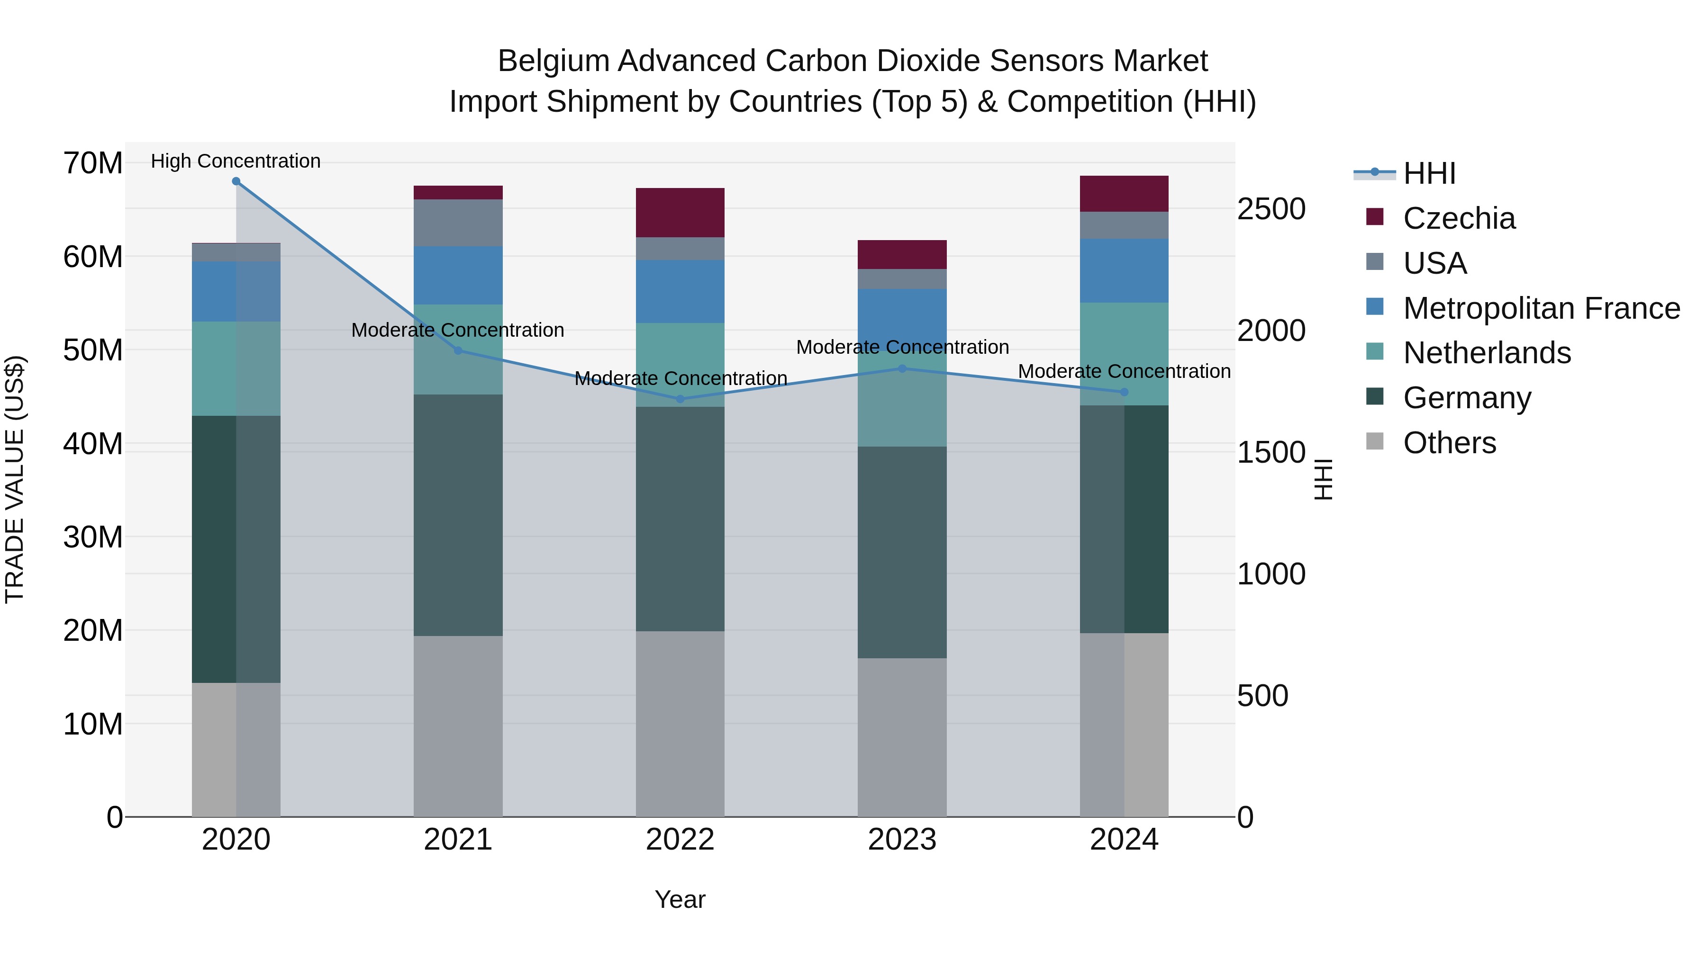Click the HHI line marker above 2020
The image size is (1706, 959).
(236, 181)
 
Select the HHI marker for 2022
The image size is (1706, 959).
(680, 399)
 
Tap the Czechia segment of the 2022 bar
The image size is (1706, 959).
(680, 213)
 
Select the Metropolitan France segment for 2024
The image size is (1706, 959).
(1124, 271)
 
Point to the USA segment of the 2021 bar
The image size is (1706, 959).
(458, 223)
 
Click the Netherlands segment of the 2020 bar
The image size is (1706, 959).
(236, 368)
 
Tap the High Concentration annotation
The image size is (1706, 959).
(236, 161)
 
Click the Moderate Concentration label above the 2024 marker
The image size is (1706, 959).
(1124, 371)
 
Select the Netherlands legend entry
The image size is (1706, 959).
(1486, 353)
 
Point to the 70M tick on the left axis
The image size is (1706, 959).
(93, 163)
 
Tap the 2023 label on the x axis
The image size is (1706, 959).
(902, 840)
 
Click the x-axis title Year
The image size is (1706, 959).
(680, 899)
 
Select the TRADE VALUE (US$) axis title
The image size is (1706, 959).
(15, 479)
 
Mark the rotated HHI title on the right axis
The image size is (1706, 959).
(1323, 479)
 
